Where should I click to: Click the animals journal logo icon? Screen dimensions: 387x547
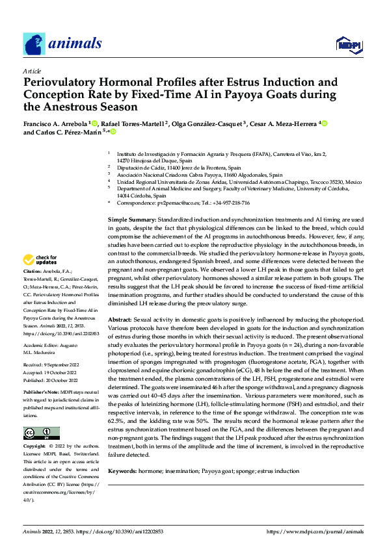click(x=34, y=44)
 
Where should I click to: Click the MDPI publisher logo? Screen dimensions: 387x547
click(x=348, y=44)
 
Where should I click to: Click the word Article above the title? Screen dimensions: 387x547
click(x=33, y=71)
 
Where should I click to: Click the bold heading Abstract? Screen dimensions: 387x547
click(x=120, y=320)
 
